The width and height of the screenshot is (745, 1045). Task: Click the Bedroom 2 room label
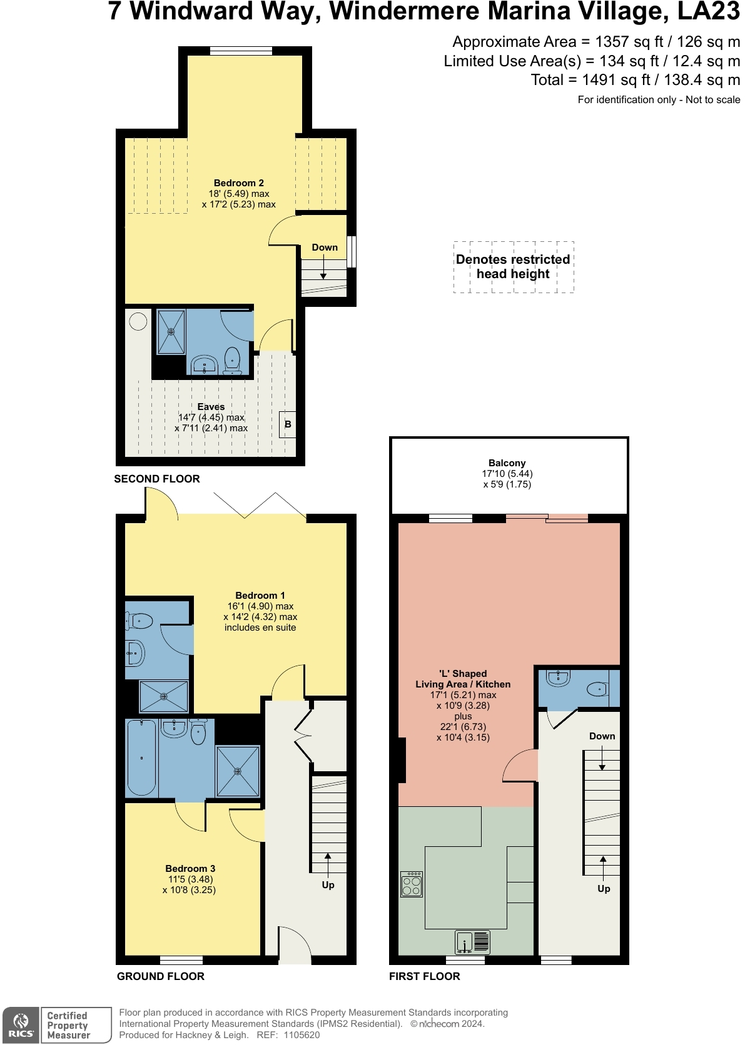tap(238, 183)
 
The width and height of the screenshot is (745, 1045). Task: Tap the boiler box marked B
tap(288, 424)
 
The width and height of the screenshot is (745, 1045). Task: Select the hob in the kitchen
tap(411, 884)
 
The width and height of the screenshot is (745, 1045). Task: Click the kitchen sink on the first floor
tap(472, 941)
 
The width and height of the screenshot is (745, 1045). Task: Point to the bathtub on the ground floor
tap(142, 757)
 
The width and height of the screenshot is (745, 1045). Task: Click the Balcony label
tap(507, 462)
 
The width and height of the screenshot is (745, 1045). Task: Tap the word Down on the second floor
tap(325, 247)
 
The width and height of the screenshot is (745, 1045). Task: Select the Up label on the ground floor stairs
tap(328, 884)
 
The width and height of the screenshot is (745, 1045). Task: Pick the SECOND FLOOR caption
tap(157, 479)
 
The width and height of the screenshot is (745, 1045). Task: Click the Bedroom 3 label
tap(190, 868)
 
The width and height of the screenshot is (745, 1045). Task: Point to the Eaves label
tap(211, 406)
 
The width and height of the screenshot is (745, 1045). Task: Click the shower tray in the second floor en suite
tap(171, 332)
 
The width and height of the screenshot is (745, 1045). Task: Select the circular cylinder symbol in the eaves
tap(138, 321)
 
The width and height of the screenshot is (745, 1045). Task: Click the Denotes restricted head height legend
tap(514, 267)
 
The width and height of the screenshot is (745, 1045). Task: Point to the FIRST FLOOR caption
tap(425, 976)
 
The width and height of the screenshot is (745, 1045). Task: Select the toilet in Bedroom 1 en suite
tap(141, 621)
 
